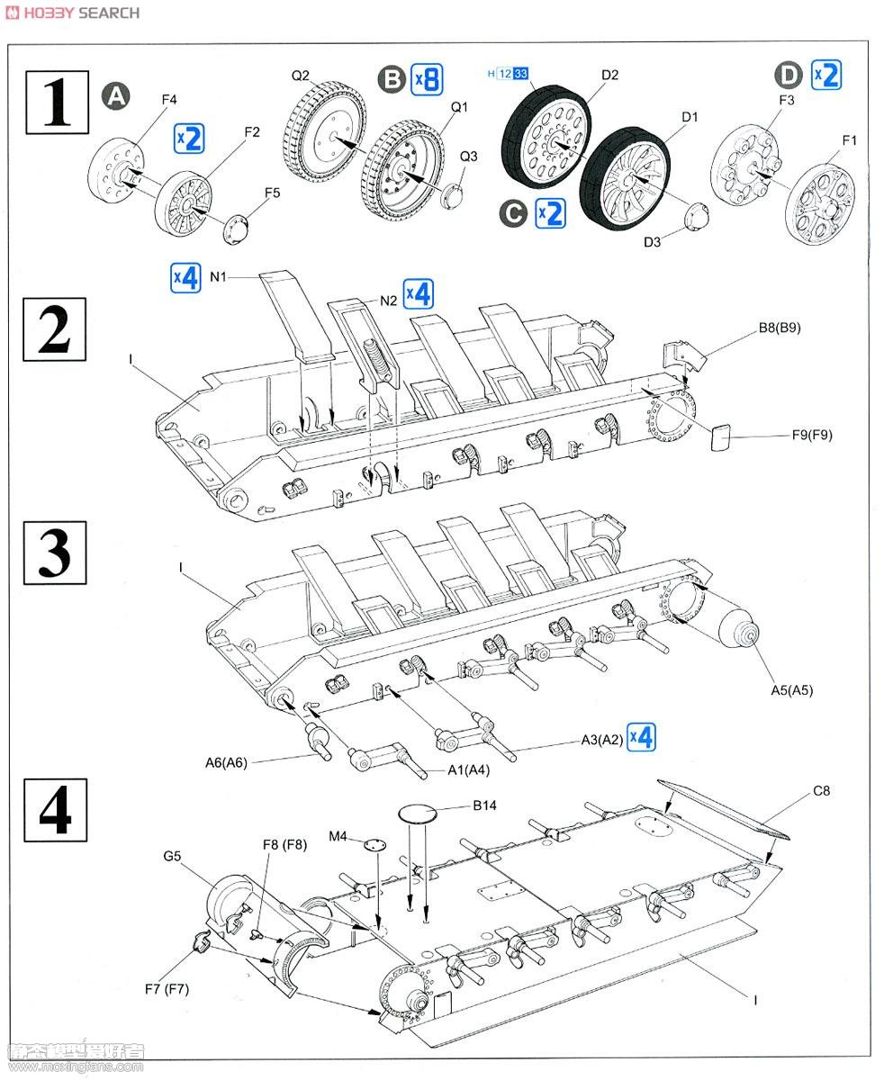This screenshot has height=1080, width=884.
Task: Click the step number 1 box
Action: tap(56, 103)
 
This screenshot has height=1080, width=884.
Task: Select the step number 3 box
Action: tap(55, 552)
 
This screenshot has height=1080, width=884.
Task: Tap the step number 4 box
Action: tap(55, 809)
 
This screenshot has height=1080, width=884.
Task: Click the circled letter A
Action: tap(115, 95)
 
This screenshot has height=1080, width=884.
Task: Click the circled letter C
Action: tap(514, 213)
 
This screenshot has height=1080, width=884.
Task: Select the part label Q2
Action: tap(300, 76)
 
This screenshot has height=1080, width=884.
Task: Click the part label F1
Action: tap(849, 140)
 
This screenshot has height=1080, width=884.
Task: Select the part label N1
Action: tap(220, 276)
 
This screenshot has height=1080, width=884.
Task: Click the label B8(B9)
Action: tap(778, 328)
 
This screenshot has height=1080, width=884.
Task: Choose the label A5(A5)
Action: tap(791, 690)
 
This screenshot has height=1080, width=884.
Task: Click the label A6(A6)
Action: tap(225, 762)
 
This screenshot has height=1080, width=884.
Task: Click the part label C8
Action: tap(821, 791)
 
